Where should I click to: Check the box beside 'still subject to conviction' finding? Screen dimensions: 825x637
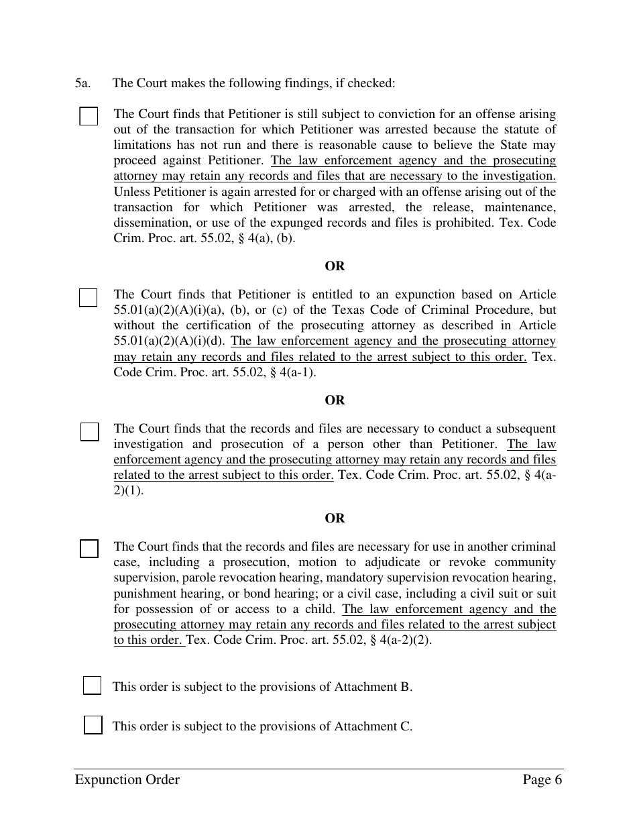click(x=89, y=116)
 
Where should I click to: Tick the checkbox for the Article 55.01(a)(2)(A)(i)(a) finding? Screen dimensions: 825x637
click(x=88, y=297)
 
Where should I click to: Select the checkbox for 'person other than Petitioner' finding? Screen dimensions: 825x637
click(x=89, y=431)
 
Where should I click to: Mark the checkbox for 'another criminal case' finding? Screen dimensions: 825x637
click(x=89, y=549)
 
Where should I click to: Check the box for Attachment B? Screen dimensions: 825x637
click(x=92, y=685)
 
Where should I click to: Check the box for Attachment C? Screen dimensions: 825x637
click(x=93, y=725)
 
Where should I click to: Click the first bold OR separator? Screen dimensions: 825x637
click(x=335, y=266)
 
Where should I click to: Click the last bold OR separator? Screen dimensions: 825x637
click(x=335, y=518)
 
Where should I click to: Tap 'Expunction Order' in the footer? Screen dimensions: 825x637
click(x=127, y=779)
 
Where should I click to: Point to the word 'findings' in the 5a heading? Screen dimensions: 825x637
click(x=302, y=84)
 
